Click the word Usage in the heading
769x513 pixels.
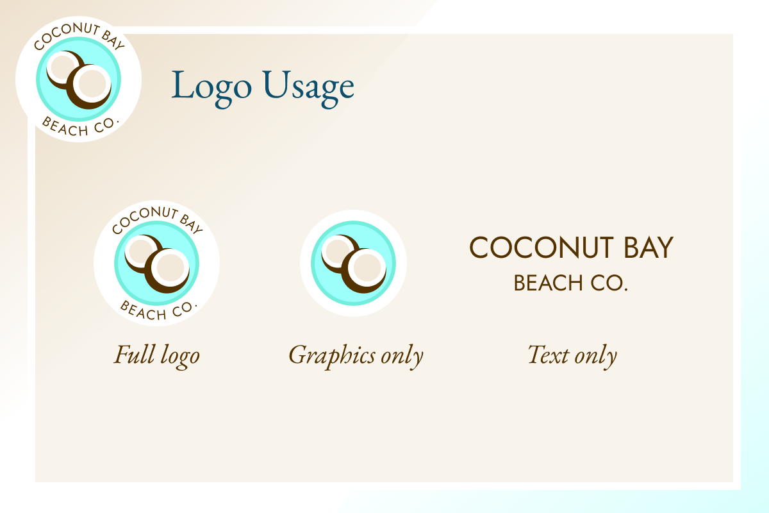tap(309, 88)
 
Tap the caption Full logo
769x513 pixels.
tap(156, 357)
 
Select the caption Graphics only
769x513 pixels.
tap(356, 357)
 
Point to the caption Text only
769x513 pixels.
tap(572, 357)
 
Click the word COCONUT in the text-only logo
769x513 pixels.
tap(542, 248)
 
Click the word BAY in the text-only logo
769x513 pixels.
tap(649, 248)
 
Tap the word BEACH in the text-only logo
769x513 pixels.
tap(548, 283)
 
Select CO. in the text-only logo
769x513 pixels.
tap(609, 283)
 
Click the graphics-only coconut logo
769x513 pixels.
tap(353, 263)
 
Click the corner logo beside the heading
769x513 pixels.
tap(78, 79)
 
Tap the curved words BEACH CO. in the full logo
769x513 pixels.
tap(158, 311)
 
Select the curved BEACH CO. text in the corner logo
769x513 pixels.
tap(80, 127)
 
